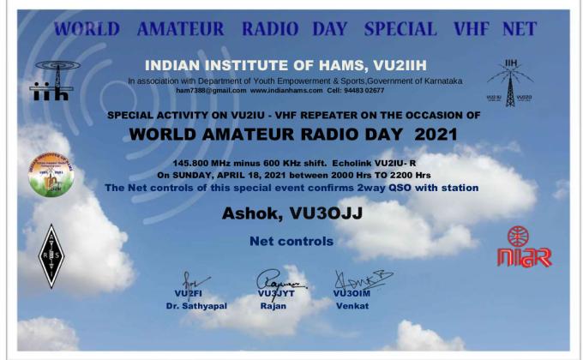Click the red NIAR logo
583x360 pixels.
(523, 247)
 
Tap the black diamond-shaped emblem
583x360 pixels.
(52, 255)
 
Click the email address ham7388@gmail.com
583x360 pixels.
(211, 89)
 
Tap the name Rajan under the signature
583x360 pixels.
(273, 304)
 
